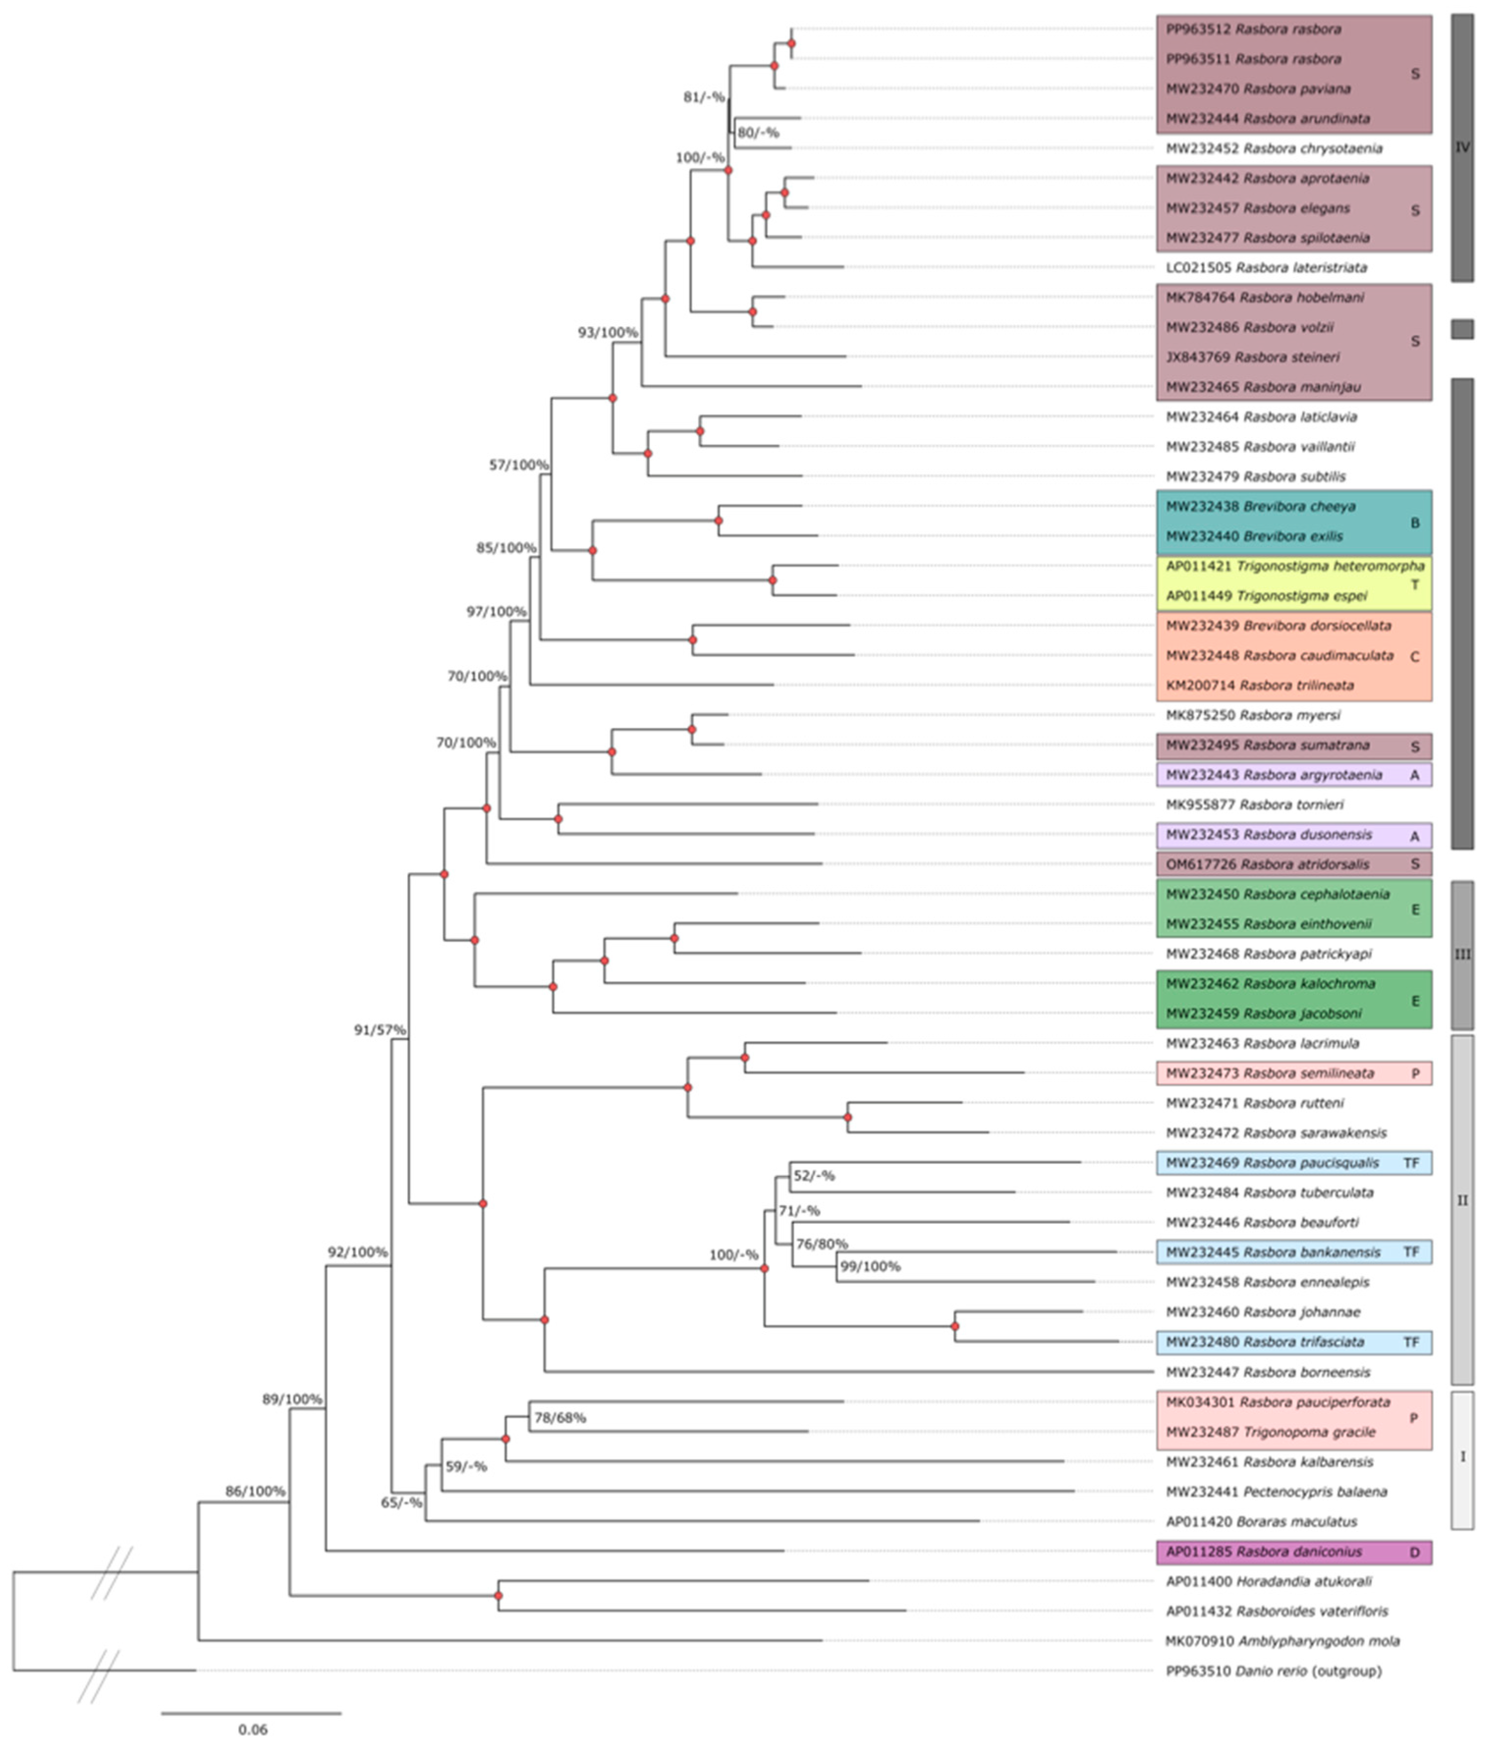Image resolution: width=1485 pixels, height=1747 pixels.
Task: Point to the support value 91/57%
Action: point(380,1029)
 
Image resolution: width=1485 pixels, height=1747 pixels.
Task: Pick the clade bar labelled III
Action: point(1462,955)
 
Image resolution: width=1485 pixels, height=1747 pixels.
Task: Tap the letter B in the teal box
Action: point(1414,523)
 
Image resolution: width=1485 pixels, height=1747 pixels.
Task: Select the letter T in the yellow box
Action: point(1414,584)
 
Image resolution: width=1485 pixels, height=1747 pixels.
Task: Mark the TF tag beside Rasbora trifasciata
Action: point(1411,1342)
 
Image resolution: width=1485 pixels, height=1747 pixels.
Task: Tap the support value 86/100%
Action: point(255,1491)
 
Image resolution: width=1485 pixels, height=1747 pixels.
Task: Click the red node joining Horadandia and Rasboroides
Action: point(498,1595)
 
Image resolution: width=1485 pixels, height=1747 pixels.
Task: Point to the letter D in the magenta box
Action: point(1414,1552)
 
